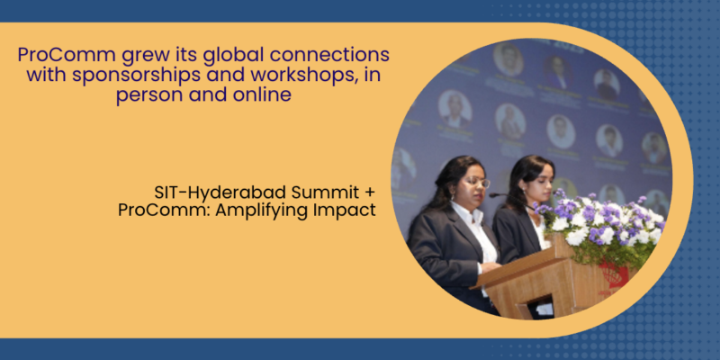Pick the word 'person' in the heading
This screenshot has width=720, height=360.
pyautogui.click(x=149, y=96)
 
